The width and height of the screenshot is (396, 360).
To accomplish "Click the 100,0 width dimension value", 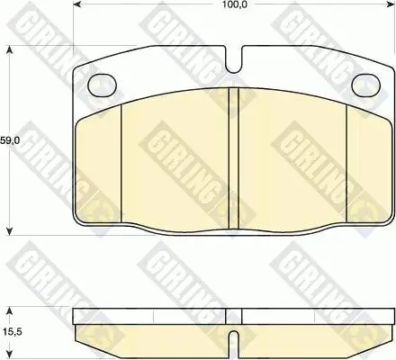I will pyautogui.click(x=237, y=7).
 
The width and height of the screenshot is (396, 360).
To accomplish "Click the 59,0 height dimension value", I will pyautogui.click(x=8, y=140).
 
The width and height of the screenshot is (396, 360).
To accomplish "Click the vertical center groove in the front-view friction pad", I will pyautogui.click(x=233, y=157).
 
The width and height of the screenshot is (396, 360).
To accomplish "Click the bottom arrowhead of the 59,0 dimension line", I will pyautogui.click(x=9, y=229).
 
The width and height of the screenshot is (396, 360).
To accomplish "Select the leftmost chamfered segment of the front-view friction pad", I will pyautogui.click(x=97, y=162).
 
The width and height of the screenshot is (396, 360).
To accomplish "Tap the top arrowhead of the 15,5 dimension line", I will pyautogui.click(x=9, y=309).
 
